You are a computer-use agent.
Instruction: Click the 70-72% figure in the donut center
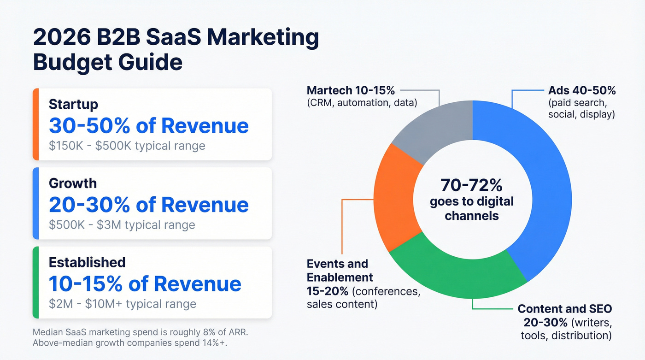[x=471, y=185]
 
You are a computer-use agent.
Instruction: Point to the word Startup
[x=73, y=104]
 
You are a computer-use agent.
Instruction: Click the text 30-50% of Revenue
[x=148, y=125]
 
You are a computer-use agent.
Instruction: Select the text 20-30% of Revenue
[x=148, y=204]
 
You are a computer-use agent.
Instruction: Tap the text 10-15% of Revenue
[x=145, y=283]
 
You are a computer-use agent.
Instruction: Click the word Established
[x=87, y=262]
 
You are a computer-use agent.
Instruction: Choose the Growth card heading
[x=73, y=183]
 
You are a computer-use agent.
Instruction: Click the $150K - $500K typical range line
[x=127, y=146]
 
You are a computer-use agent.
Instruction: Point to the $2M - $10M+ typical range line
[x=123, y=304]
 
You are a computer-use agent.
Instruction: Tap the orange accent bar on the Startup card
[x=35, y=124]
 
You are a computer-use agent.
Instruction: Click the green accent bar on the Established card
[x=35, y=282]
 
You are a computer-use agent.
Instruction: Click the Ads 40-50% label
[x=582, y=90]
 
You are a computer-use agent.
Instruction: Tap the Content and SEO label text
[x=565, y=309]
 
